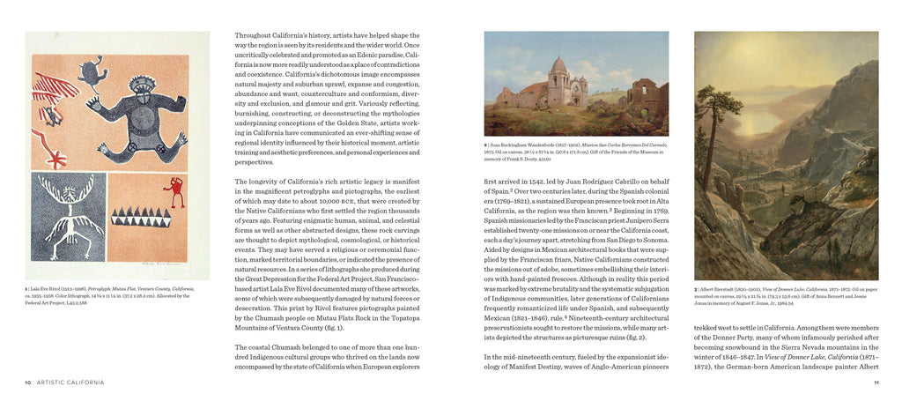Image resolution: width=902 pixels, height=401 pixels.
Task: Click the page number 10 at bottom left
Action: point(28,382)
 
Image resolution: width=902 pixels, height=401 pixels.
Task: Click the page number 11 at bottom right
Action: point(876,382)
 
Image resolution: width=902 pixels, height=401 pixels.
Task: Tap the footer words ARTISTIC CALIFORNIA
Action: point(71,382)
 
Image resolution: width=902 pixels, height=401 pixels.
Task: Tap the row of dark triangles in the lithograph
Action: point(141,216)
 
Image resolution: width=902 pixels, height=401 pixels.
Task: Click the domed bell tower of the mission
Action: point(558,71)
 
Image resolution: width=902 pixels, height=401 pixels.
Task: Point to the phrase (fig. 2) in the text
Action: point(633,337)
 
